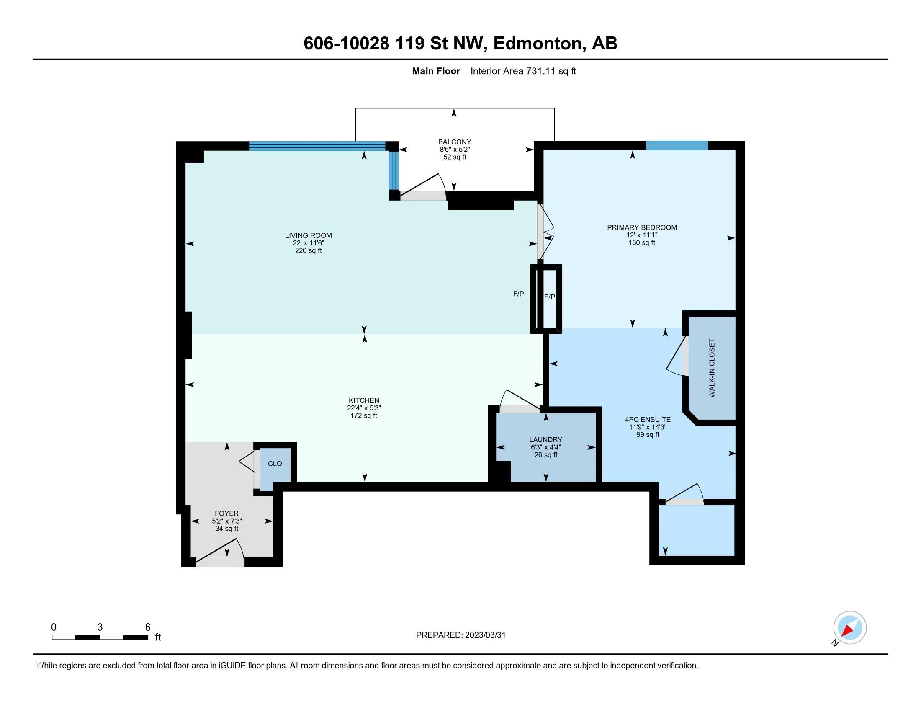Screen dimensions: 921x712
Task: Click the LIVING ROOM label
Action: point(308,235)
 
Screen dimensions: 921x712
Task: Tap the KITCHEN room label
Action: point(363,400)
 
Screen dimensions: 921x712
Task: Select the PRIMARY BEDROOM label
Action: point(642,227)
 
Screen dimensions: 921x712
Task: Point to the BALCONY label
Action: point(455,142)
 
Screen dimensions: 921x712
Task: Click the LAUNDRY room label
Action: point(545,439)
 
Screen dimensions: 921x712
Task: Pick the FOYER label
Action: point(226,513)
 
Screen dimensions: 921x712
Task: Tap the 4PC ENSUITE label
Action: point(648,419)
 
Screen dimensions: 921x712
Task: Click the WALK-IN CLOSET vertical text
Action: point(712,368)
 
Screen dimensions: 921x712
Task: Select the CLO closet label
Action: point(275,464)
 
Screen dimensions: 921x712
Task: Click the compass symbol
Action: point(849,628)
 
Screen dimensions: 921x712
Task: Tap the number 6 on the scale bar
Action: point(148,627)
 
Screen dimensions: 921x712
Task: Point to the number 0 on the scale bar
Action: point(54,627)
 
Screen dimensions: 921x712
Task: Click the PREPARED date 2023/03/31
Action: point(485,635)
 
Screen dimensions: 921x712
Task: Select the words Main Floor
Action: point(436,71)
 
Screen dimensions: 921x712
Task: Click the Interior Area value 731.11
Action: point(541,71)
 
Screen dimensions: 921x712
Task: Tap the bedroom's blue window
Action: point(677,145)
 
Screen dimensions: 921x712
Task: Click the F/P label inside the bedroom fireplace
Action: point(550,297)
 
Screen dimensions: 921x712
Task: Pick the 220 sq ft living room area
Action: point(308,250)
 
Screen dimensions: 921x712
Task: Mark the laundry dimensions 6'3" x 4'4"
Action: point(545,447)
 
